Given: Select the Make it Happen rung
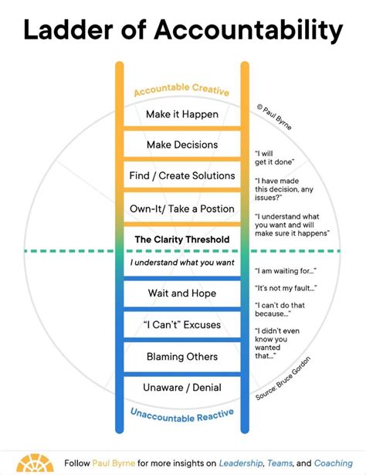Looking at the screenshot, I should tap(182, 114).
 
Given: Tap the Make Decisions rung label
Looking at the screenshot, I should tap(182, 144).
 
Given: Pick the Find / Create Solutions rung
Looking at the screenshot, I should tap(182, 175).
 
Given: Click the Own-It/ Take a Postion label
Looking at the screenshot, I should tap(182, 209).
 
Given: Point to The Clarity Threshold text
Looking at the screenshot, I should tap(182, 239).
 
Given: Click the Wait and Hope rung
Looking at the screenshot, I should tap(182, 293).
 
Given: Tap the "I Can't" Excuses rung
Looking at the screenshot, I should tap(182, 325).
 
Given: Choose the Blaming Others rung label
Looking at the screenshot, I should tap(182, 357).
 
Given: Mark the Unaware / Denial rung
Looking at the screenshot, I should tap(182, 387).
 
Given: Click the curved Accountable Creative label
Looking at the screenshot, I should tap(181, 90).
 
